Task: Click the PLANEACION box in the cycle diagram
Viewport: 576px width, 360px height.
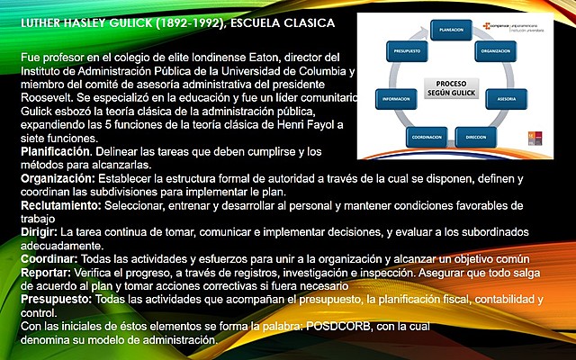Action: (x=451, y=30)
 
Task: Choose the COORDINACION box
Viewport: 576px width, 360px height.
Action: (x=427, y=136)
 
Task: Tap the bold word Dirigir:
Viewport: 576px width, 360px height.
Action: (x=40, y=232)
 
